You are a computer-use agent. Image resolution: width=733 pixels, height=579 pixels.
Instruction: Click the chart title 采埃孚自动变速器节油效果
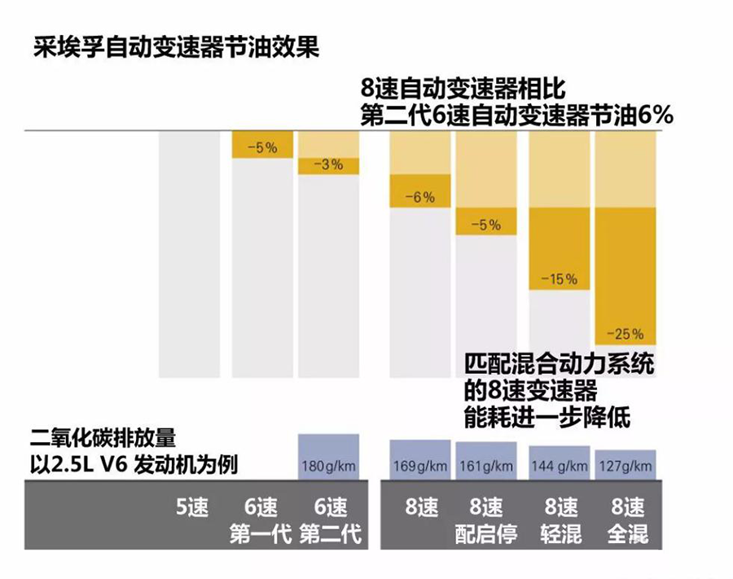[x=176, y=46]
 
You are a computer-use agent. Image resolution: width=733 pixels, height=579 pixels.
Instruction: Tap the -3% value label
[x=329, y=164]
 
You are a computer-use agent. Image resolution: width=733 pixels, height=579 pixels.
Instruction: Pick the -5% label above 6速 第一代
[x=262, y=148]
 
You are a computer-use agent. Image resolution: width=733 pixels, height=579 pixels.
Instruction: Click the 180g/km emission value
[x=329, y=467]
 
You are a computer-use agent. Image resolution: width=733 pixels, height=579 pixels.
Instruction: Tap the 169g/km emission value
[x=419, y=467]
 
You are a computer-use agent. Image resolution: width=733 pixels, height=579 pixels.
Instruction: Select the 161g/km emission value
[x=485, y=467]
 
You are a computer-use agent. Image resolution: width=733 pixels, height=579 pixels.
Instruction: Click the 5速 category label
[x=193, y=508]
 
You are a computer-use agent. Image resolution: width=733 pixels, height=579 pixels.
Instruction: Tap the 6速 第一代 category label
[x=261, y=522]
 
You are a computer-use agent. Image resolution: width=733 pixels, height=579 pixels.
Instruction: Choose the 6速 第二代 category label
[x=330, y=522]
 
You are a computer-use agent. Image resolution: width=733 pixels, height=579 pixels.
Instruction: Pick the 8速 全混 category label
[x=626, y=522]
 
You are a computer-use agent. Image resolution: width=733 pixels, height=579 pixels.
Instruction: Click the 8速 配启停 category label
[x=486, y=522]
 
